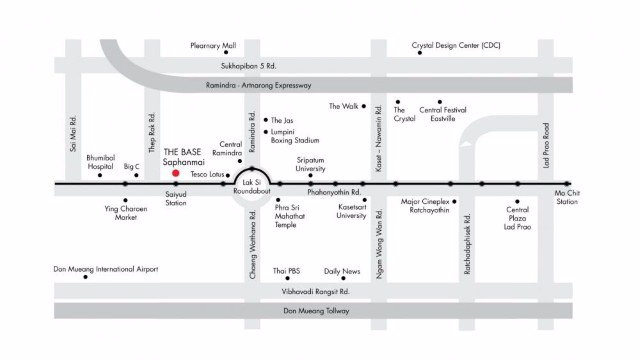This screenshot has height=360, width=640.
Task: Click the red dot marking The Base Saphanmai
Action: [x=176, y=173]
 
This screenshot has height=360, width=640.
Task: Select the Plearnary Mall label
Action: [x=214, y=46]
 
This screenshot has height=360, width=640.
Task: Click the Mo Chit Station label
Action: [x=568, y=197]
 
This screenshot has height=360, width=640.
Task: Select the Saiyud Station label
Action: [x=176, y=197]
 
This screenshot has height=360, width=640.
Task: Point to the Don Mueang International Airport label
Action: [x=105, y=269]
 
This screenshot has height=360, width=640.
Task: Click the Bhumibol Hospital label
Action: [x=101, y=162]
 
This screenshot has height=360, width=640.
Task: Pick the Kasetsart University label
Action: [x=351, y=211]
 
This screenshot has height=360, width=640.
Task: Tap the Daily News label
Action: [x=343, y=271]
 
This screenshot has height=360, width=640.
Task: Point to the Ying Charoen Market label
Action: [x=126, y=213]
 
